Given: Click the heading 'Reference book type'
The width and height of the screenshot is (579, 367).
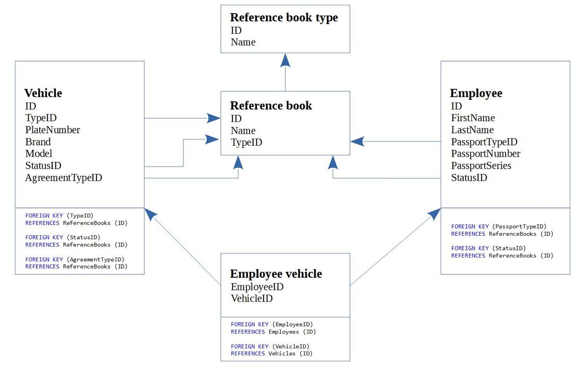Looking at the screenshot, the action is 284,18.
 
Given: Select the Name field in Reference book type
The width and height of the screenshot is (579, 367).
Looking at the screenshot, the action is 243,42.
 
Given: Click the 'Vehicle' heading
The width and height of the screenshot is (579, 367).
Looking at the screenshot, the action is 43,93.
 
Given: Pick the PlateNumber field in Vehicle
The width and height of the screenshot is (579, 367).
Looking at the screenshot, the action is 53,130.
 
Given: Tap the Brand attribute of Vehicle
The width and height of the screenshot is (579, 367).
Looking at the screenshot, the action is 38,142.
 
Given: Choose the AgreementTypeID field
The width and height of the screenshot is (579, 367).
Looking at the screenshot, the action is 64,177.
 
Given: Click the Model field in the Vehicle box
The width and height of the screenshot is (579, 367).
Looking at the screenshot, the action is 39,154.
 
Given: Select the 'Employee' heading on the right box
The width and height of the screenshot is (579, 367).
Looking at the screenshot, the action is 476,94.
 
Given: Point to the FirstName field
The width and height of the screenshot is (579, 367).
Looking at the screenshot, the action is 473,118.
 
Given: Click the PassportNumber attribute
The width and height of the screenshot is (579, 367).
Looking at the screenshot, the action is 486,154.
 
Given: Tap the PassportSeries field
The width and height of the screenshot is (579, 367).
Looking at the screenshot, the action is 481,165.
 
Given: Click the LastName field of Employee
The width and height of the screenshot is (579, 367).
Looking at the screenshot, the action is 472,130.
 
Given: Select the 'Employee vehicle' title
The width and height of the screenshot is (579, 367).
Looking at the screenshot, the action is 276,274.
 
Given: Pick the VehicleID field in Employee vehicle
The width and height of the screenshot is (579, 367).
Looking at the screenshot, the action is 252,299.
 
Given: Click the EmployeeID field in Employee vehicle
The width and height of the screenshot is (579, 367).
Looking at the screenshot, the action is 257,287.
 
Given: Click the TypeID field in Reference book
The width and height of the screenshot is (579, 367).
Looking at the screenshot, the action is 247,143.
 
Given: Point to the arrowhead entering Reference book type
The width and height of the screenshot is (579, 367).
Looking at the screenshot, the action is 285,60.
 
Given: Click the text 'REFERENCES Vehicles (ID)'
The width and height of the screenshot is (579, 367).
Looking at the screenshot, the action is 271,353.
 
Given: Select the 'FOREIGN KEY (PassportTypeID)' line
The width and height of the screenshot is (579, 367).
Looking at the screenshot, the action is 498,227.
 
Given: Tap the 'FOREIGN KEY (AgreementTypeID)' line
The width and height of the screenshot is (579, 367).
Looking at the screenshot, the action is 75,259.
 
